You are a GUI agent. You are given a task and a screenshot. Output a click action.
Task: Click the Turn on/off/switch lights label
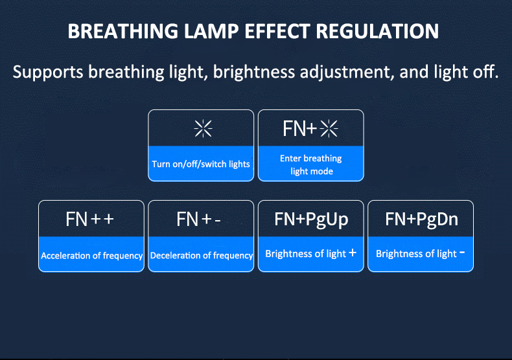tap(201, 164)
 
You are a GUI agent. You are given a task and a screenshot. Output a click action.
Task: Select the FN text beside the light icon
tap(295, 129)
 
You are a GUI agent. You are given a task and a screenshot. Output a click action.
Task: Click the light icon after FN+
tap(329, 129)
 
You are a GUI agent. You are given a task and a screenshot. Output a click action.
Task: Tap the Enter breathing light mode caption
tap(311, 164)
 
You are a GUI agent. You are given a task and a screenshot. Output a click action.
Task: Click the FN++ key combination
tap(90, 219)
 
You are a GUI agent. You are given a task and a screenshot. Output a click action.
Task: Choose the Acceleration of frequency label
tap(92, 256)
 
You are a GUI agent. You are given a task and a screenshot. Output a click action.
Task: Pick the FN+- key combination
tap(199, 219)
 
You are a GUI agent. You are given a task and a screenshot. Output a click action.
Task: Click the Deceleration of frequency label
tap(202, 256)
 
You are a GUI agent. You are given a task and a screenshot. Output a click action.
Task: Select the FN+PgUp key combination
tap(311, 219)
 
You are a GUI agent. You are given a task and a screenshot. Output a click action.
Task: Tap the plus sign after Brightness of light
tap(353, 253)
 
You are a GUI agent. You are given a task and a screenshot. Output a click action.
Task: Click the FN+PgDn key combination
tap(421, 219)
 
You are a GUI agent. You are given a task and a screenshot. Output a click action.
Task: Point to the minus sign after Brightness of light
tap(462, 253)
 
